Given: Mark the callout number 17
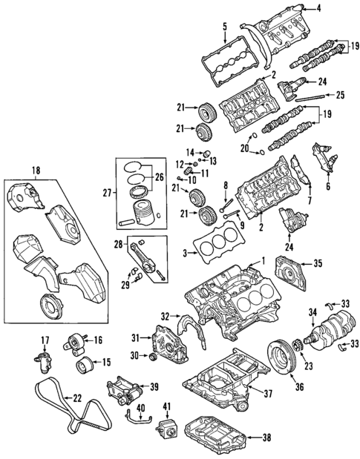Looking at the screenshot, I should point(44,340).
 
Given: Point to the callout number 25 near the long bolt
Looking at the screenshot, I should point(339,95).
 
